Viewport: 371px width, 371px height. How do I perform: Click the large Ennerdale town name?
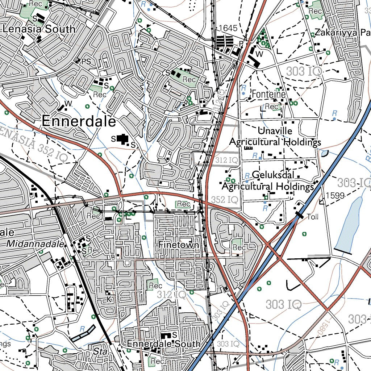(79, 121)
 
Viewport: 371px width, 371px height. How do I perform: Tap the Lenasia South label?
(39, 29)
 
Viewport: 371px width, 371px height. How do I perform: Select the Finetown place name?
(179, 245)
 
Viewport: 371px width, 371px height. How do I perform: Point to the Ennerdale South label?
(164, 343)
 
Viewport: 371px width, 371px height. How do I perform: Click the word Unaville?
(275, 131)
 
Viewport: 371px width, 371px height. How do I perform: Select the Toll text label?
(312, 217)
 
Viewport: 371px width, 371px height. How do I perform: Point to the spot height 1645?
(228, 28)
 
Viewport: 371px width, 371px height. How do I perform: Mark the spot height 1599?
(334, 196)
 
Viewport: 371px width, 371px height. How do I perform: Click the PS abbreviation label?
(86, 62)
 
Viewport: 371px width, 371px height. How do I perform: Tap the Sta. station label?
(98, 351)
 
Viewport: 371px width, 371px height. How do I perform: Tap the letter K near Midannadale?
(108, 299)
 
